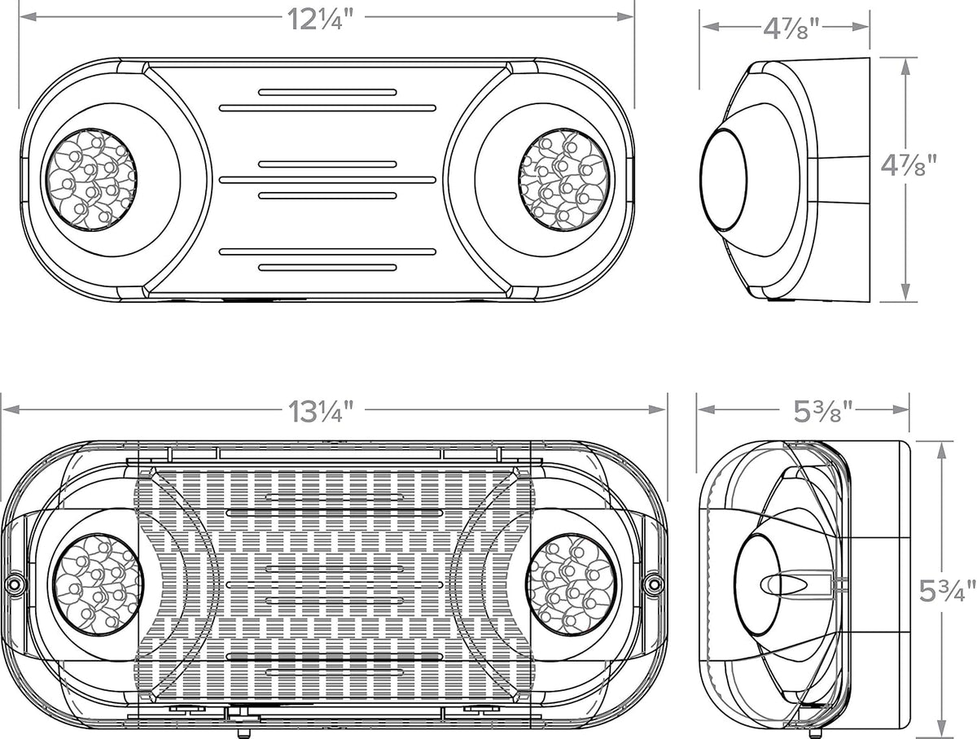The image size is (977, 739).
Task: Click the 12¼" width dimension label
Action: click(x=320, y=20)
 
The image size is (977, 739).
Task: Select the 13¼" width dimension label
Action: click(x=321, y=411)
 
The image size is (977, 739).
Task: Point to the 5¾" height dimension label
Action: click(x=941, y=592)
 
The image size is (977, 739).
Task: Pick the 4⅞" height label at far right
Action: click(x=909, y=165)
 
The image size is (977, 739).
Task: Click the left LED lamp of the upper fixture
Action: click(x=92, y=180)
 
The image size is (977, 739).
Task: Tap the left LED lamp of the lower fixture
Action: click(x=99, y=584)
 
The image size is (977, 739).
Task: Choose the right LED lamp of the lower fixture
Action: click(x=571, y=584)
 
